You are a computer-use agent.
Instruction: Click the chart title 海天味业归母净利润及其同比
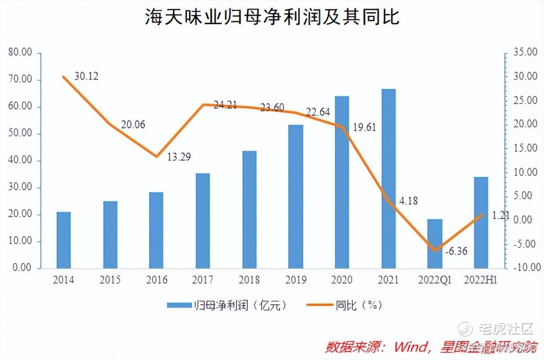[x=272, y=18]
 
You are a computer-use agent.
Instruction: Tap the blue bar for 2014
[x=64, y=240]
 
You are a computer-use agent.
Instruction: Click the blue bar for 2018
[x=249, y=210]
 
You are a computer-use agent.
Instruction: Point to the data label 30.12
[x=86, y=76]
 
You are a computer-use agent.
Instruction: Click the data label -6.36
[x=456, y=251]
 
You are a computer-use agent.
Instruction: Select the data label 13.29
[x=179, y=157]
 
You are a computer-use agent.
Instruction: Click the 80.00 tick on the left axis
[x=21, y=53]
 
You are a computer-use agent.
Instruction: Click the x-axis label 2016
[x=157, y=280]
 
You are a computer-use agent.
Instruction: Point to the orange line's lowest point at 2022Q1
[x=434, y=250]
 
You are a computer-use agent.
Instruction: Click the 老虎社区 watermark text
[x=506, y=329]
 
